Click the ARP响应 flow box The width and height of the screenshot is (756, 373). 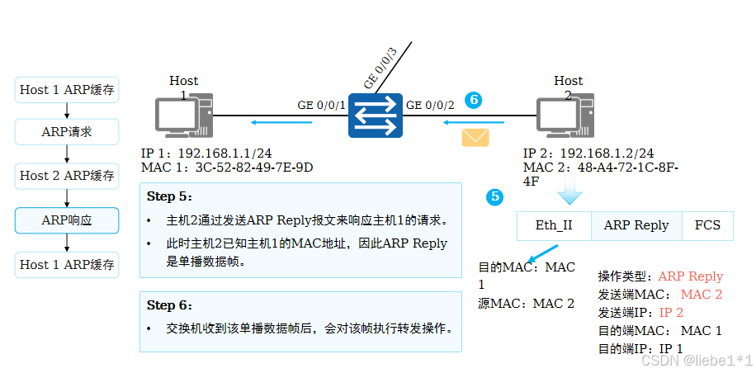click(67, 220)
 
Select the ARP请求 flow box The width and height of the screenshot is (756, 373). click(67, 131)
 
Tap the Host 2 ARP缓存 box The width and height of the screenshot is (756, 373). click(67, 176)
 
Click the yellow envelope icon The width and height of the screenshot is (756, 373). click(475, 136)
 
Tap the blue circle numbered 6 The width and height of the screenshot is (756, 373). click(473, 99)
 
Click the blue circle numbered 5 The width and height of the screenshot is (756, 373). click(494, 196)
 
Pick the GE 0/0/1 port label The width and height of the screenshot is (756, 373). click(322, 106)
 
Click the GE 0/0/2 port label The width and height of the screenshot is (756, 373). click(429, 106)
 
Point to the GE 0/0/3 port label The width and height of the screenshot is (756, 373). click(380, 68)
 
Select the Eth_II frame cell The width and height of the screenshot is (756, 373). click(554, 225)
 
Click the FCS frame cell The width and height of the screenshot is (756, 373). click(707, 225)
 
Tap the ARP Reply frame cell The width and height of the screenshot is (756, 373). click(636, 225)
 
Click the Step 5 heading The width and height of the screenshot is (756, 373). click(169, 196)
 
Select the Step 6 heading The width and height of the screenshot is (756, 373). click(169, 305)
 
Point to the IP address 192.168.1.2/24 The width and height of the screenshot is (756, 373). click(607, 153)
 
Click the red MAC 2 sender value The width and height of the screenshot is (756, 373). click(702, 295)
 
